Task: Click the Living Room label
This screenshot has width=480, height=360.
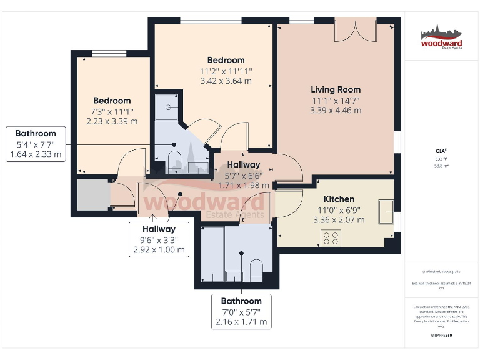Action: [x=336, y=89]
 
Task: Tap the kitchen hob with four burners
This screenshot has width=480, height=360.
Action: [x=331, y=237]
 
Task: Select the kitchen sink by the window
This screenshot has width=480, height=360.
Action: [x=386, y=207]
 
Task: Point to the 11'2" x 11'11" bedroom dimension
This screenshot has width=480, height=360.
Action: [x=226, y=71]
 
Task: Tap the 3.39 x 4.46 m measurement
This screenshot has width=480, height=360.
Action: [x=336, y=111]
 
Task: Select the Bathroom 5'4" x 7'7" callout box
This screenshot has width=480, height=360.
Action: [x=36, y=144]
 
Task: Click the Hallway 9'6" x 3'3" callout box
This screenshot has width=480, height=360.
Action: [x=159, y=239]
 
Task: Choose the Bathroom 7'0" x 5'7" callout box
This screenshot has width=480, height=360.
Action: [x=241, y=312]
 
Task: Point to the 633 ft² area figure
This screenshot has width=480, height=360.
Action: [x=442, y=159]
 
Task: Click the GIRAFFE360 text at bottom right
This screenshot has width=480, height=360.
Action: [x=441, y=336]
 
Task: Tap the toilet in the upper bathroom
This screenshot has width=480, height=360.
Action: [x=174, y=159]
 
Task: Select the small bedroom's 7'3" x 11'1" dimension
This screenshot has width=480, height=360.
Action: [x=112, y=111]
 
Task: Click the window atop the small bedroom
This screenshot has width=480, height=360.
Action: [x=109, y=53]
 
